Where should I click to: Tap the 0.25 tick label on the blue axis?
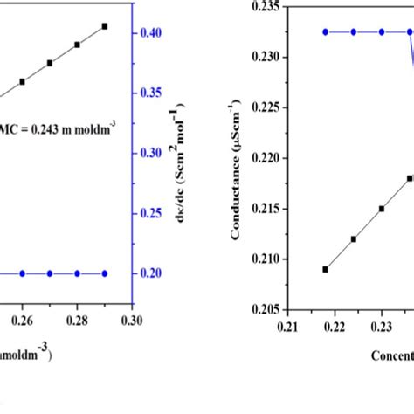pyautogui.click(x=152, y=213)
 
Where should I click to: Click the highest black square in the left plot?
pyautogui.click(x=105, y=26)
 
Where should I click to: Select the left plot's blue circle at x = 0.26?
pyautogui.click(x=23, y=273)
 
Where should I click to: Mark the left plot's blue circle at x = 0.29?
pyautogui.click(x=105, y=273)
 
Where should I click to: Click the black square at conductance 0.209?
pyautogui.click(x=325, y=269)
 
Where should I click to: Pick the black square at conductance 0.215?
pyautogui.click(x=382, y=209)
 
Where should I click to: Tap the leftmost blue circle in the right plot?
pyautogui.click(x=325, y=31)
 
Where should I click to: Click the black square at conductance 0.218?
pyautogui.click(x=410, y=178)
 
